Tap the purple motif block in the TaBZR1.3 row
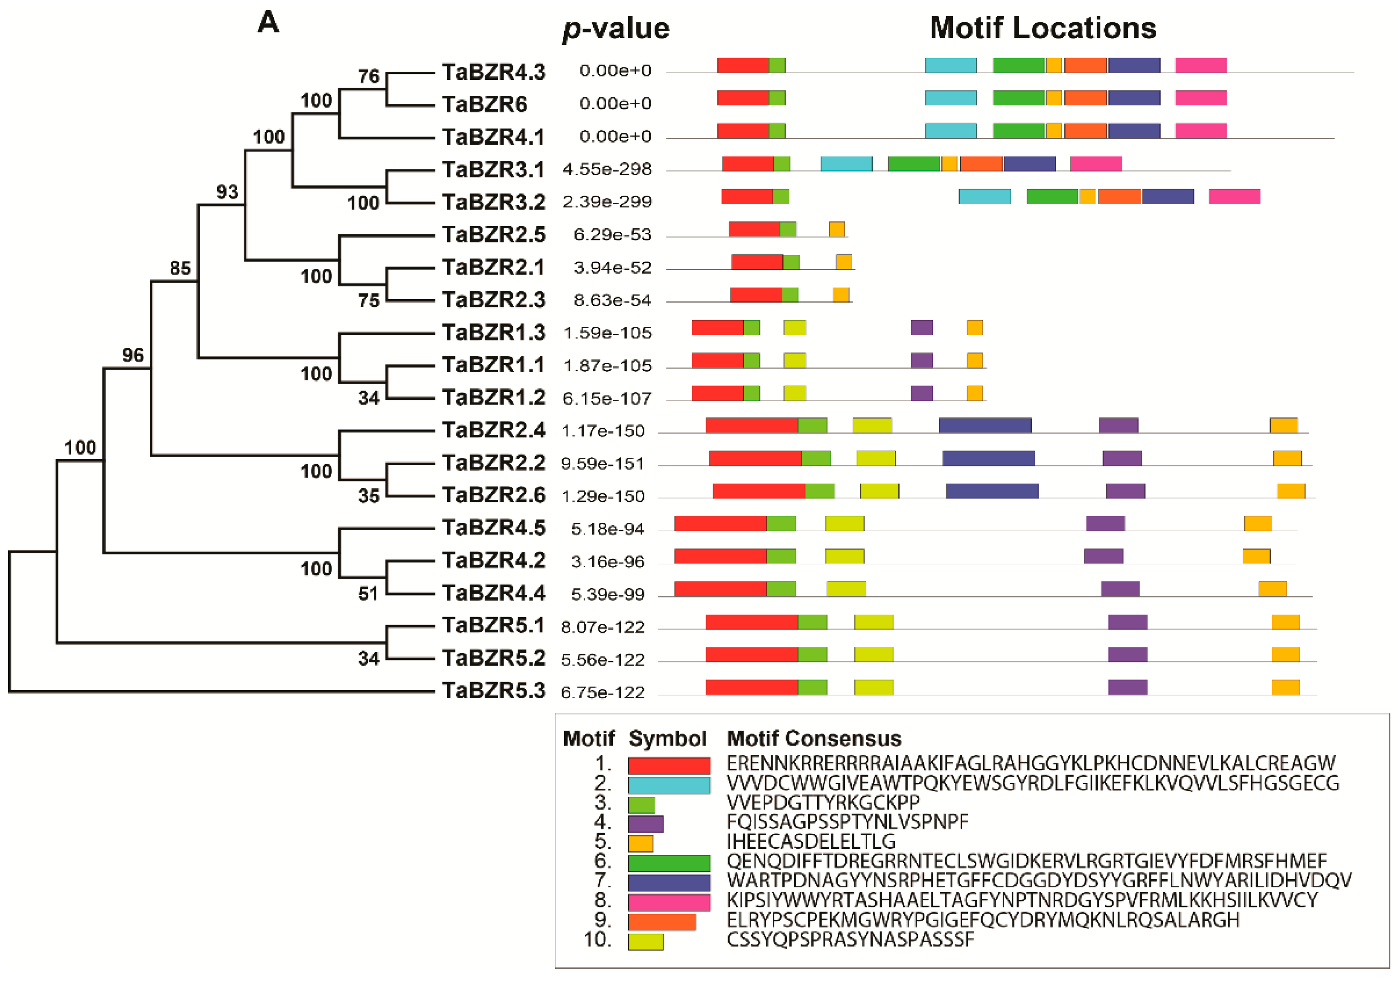coord(921,328)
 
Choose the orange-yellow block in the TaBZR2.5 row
coord(836,230)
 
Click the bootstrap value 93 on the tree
coord(227,192)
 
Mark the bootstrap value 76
coord(369,77)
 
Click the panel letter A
coord(268,23)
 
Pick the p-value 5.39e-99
coord(607,595)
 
